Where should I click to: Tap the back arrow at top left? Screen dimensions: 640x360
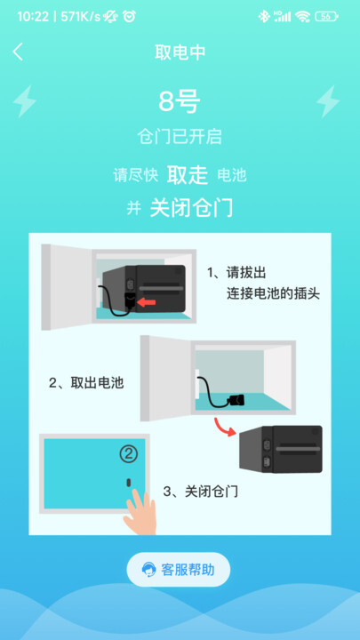coord(18,52)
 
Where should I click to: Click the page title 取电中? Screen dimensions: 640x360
coord(180,52)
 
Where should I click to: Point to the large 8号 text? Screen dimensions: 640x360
coord(180,102)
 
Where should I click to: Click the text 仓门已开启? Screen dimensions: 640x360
coord(180,137)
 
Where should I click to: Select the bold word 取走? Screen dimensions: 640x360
coord(188,174)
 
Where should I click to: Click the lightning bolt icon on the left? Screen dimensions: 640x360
coord(25,101)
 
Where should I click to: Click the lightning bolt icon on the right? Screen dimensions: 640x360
coord(329,101)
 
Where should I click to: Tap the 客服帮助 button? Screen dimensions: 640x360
coord(179,570)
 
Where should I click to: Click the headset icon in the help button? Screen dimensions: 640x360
coord(148,570)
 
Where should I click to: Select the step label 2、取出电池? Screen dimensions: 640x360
coord(85,383)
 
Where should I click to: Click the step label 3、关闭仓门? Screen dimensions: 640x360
coord(200,491)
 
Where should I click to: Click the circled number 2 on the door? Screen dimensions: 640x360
coord(130,454)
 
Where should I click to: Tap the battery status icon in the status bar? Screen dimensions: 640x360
coord(326,16)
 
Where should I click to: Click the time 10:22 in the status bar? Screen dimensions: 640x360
coord(33,16)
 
